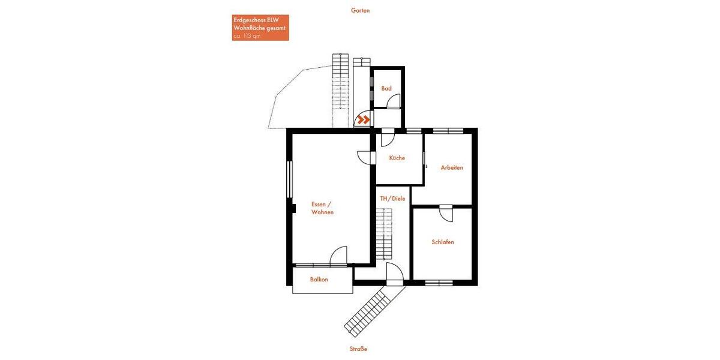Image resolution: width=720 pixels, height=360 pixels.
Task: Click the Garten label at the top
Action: pos(360,10)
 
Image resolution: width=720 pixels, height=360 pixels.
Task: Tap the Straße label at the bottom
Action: pos(358,349)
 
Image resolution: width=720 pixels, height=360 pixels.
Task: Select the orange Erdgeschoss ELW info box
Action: pos(260,28)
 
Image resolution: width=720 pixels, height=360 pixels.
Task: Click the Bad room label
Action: pos(386,88)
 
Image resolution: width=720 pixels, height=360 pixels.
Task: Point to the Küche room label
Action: pos(397,158)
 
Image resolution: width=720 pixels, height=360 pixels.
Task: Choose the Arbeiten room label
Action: pos(452,167)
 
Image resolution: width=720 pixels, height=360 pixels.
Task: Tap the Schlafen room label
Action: pos(443,242)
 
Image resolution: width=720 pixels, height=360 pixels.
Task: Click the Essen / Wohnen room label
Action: pos(322,208)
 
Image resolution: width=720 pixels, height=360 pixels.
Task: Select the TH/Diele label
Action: pos(392,199)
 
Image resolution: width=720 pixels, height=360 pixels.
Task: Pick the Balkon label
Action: pos(319,280)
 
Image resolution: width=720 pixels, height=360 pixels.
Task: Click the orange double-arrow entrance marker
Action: pos(362,120)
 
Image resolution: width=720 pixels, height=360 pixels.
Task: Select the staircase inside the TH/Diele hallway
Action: pos(383,234)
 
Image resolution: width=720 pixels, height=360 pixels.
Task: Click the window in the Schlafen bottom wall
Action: pos(439,282)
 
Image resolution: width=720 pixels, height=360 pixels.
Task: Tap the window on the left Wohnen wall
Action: pos(289,179)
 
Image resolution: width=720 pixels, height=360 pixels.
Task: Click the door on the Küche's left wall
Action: pos(365,157)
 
